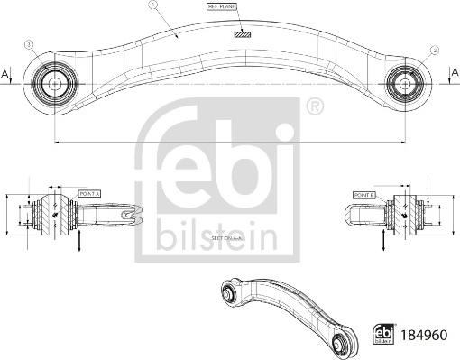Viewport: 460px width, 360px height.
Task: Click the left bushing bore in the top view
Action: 53,82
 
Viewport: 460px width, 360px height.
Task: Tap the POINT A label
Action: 90,193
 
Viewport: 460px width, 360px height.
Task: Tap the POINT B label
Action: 363,193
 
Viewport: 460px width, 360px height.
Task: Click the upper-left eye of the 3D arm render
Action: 229,291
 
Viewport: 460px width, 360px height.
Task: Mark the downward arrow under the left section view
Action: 80,241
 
